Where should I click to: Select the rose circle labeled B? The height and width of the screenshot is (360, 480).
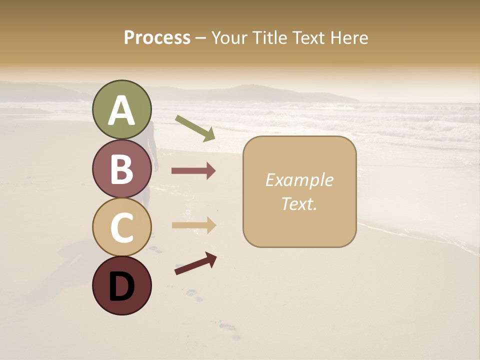click(122, 168)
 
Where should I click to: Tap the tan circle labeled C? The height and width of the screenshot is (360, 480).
click(122, 227)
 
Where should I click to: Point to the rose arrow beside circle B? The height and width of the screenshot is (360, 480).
click(193, 171)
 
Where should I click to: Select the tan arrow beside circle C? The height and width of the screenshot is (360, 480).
click(193, 226)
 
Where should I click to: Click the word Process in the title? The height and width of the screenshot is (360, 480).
click(157, 38)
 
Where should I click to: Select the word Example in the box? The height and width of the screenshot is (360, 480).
click(299, 180)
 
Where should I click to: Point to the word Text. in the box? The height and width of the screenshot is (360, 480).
click(299, 203)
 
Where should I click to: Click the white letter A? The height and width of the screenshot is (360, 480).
click(122, 111)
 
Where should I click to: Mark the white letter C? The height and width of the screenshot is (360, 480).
click(122, 227)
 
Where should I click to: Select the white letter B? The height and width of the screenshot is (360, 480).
click(122, 168)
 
